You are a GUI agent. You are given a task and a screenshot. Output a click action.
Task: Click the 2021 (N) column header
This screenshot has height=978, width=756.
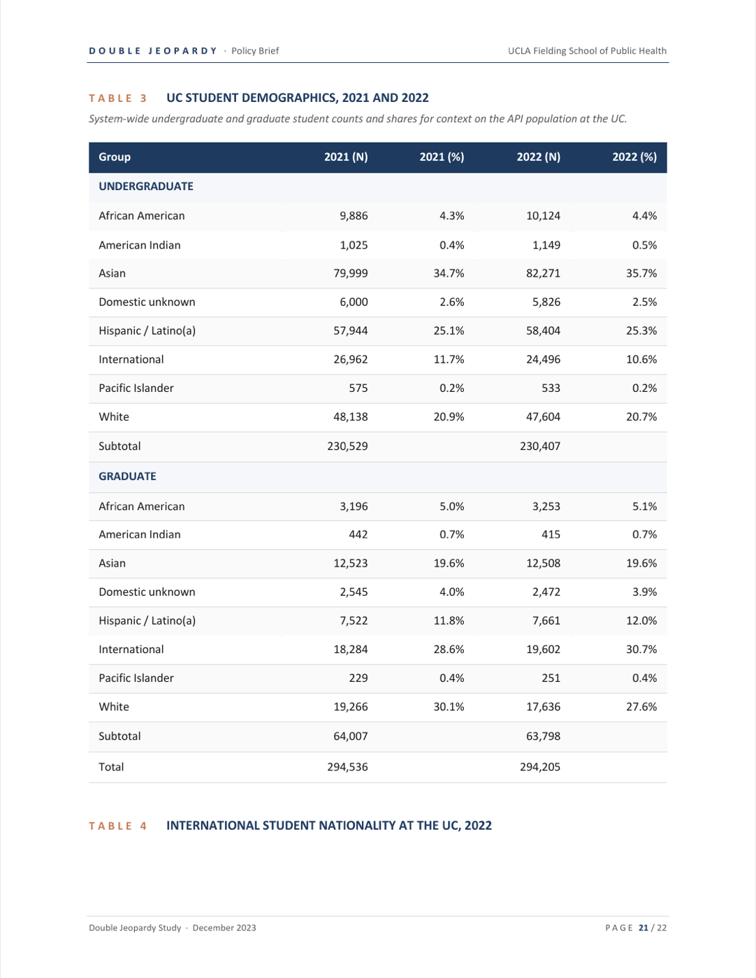pos(346,156)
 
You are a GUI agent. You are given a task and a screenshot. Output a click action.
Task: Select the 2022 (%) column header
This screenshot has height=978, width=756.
pos(634,156)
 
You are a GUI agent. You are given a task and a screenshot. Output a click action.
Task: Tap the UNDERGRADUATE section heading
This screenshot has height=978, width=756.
pos(146,187)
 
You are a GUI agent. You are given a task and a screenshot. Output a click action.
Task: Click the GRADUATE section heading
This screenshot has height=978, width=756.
pos(127,476)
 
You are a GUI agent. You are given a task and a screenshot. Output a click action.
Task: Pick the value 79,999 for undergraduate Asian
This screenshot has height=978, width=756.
pos(351,273)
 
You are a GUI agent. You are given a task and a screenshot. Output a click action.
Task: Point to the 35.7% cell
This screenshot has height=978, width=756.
pos(641,273)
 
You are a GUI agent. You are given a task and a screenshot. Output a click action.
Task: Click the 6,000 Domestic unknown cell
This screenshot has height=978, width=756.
pos(354,302)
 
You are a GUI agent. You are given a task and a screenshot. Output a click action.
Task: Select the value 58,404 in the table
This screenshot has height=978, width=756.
pos(543,331)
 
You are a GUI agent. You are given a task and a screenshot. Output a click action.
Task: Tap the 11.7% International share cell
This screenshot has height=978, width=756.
pos(449,360)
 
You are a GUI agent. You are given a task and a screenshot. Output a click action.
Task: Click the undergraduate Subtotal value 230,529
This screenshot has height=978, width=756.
pos(347,446)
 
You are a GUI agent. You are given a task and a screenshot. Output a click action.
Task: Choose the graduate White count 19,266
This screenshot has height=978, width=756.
pos(351,707)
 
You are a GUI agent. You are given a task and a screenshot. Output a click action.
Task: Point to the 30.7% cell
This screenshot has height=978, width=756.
pos(641,649)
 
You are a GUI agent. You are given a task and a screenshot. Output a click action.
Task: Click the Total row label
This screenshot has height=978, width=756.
pos(111,766)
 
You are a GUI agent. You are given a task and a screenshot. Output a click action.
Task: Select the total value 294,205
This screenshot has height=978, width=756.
pos(540,766)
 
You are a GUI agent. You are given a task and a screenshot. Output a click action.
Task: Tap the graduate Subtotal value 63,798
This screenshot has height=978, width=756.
pos(543,736)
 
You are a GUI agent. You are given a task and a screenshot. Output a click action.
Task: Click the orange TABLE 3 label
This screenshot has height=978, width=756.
pos(118,98)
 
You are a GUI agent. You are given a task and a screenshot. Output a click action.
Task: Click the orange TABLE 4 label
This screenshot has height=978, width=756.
pos(118,826)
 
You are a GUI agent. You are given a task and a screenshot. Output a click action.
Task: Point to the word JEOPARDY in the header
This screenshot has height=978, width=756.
pos(182,51)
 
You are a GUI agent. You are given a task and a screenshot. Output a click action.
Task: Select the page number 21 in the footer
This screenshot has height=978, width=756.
pos(644,928)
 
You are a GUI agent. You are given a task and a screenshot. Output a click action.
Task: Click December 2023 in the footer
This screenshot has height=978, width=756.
pos(224,928)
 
